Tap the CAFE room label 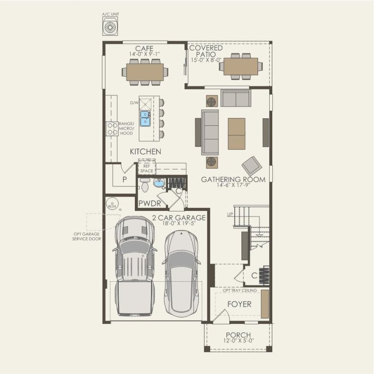pyautogui.click(x=144, y=48)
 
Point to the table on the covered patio pyautogui.click(x=238, y=66)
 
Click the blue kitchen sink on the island pyautogui.click(x=145, y=118)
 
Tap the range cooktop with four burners pyautogui.click(x=112, y=129)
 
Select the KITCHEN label pyautogui.click(x=145, y=152)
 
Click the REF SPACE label pyautogui.click(x=146, y=168)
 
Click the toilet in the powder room pyautogui.click(x=145, y=185)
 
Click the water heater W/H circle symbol pyautogui.click(x=111, y=205)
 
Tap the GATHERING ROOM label pyautogui.click(x=233, y=179)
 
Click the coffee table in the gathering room pyautogui.click(x=236, y=133)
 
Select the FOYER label pyautogui.click(x=239, y=305)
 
